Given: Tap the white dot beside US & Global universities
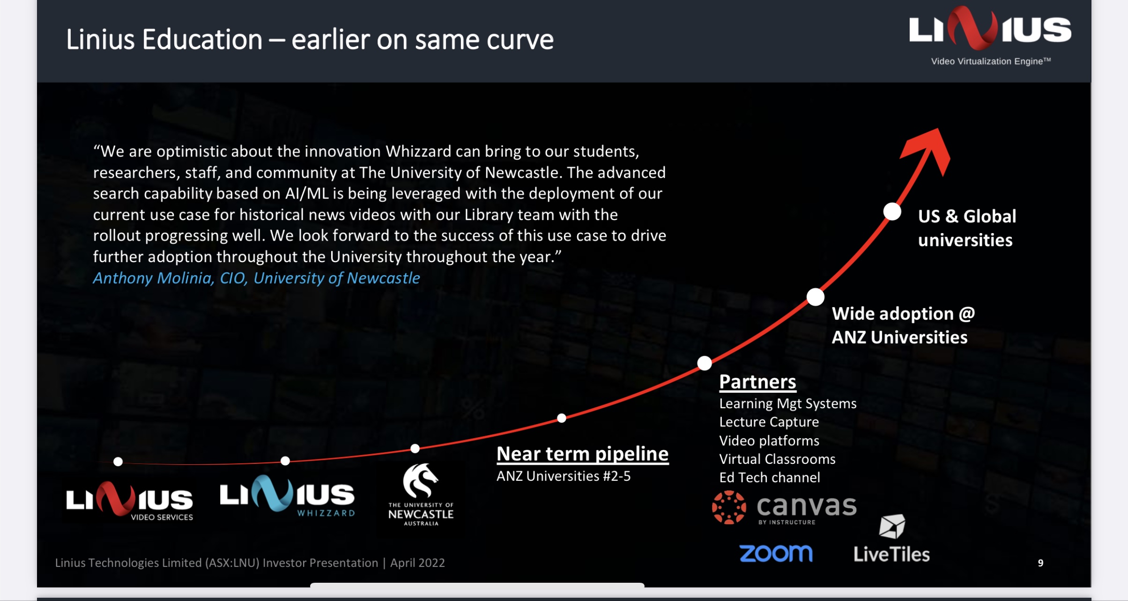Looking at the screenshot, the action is click(892, 212).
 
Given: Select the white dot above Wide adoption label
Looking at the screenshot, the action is click(816, 297).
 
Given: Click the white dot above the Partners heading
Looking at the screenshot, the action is click(705, 363).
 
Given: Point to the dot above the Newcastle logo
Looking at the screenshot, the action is click(415, 448).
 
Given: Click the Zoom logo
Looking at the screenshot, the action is click(776, 553).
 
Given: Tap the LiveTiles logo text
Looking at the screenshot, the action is click(891, 554).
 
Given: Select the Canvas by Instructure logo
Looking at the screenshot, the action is click(784, 508).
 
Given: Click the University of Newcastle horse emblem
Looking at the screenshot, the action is click(420, 481).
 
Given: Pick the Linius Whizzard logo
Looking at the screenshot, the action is click(288, 495).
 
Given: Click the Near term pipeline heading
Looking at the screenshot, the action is click(582, 454).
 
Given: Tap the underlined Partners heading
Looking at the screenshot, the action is click(757, 382).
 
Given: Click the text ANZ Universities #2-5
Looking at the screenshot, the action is click(564, 476).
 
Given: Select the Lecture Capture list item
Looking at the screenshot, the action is click(769, 422).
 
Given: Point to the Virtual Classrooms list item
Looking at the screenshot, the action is click(777, 459).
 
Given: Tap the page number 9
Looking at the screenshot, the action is click(1040, 563).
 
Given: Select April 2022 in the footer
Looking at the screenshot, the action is click(417, 563).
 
